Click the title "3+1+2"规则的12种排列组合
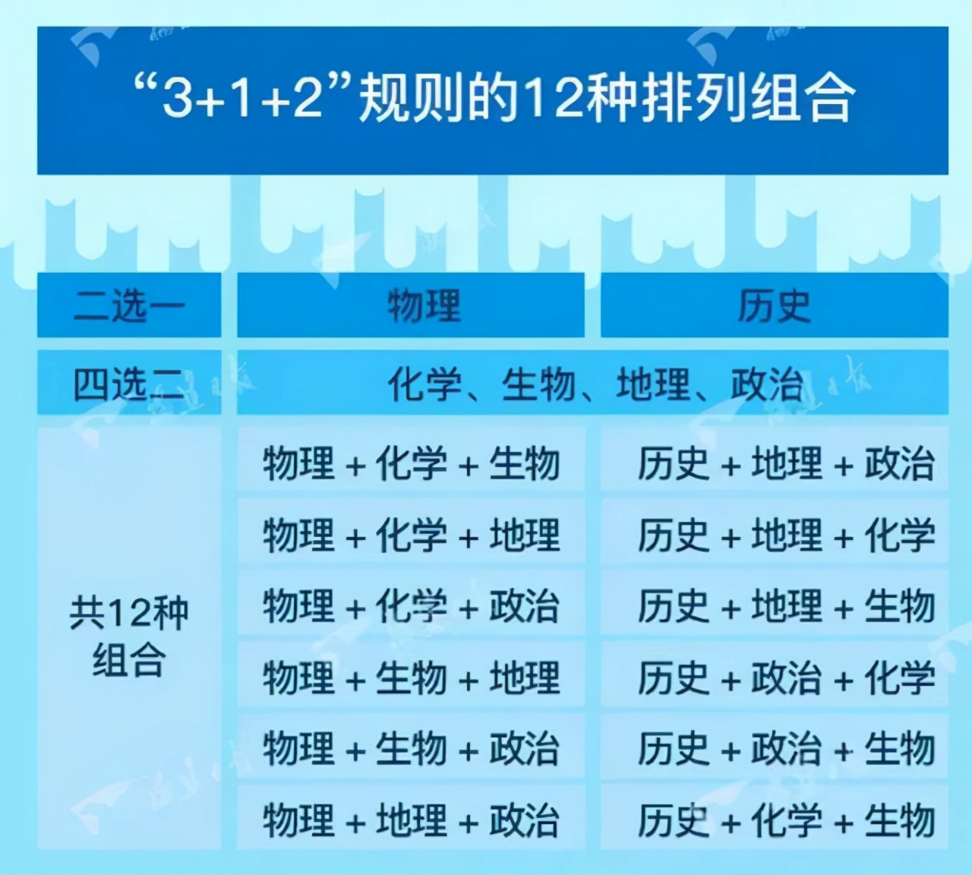(x=493, y=100)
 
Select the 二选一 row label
(x=129, y=305)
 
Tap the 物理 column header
(x=424, y=305)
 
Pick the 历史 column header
(x=774, y=305)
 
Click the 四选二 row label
(x=129, y=384)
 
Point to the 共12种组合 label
(x=129, y=637)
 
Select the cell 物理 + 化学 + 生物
(x=411, y=463)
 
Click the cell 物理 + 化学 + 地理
(x=411, y=534)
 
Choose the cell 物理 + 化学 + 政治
(x=411, y=605)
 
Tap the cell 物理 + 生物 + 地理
(x=411, y=677)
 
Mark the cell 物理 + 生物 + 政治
(x=411, y=748)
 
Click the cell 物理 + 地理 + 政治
(x=411, y=820)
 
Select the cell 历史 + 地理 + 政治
(x=785, y=463)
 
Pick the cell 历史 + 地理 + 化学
(x=785, y=534)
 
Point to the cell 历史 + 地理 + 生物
(x=785, y=605)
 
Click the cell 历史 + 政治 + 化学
(x=785, y=677)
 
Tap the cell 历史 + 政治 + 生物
(x=785, y=748)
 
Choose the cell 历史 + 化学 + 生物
(x=785, y=820)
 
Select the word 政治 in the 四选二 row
(x=766, y=384)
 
